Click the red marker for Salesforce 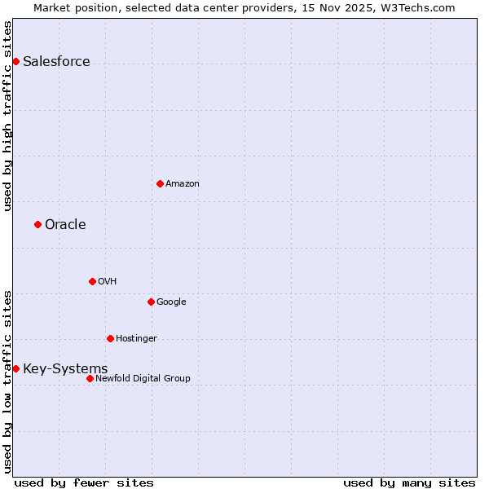pos(15,61)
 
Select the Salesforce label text pos(56,62)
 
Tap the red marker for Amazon pos(160,183)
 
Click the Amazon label pos(183,184)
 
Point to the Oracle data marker pos(37,224)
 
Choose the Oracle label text pos(65,225)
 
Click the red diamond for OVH pos(92,281)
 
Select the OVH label pos(108,282)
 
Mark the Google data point pos(151,302)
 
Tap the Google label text pos(171,302)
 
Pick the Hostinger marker pos(110,338)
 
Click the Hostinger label pos(136,339)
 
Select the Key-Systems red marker pos(15,368)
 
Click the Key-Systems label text pos(65,369)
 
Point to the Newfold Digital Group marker pos(90,378)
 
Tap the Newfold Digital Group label pos(143,379)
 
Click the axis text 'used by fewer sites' pos(84,482)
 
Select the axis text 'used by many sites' pos(409,482)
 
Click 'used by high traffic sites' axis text pos(8,115)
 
